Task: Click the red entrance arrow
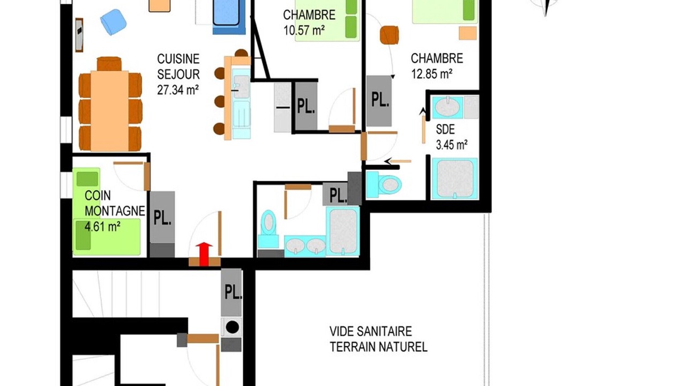[x=204, y=254]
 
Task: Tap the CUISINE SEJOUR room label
[x=178, y=66]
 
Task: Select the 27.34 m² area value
[x=178, y=90]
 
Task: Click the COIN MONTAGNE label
[x=115, y=203]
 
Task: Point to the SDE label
[x=445, y=129]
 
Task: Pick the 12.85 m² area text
[x=431, y=74]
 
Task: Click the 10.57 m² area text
[x=304, y=31]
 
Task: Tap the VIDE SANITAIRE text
[x=370, y=331]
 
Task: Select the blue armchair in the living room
[x=113, y=22]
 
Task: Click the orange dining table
[x=110, y=111]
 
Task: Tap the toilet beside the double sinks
[x=269, y=228]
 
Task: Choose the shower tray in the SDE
[x=455, y=179]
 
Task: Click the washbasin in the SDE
[x=448, y=107]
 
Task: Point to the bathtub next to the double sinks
[x=343, y=231]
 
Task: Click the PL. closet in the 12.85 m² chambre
[x=379, y=101]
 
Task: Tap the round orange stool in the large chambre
[x=389, y=35]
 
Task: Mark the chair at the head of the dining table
[x=109, y=64]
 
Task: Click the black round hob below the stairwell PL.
[x=232, y=327]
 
